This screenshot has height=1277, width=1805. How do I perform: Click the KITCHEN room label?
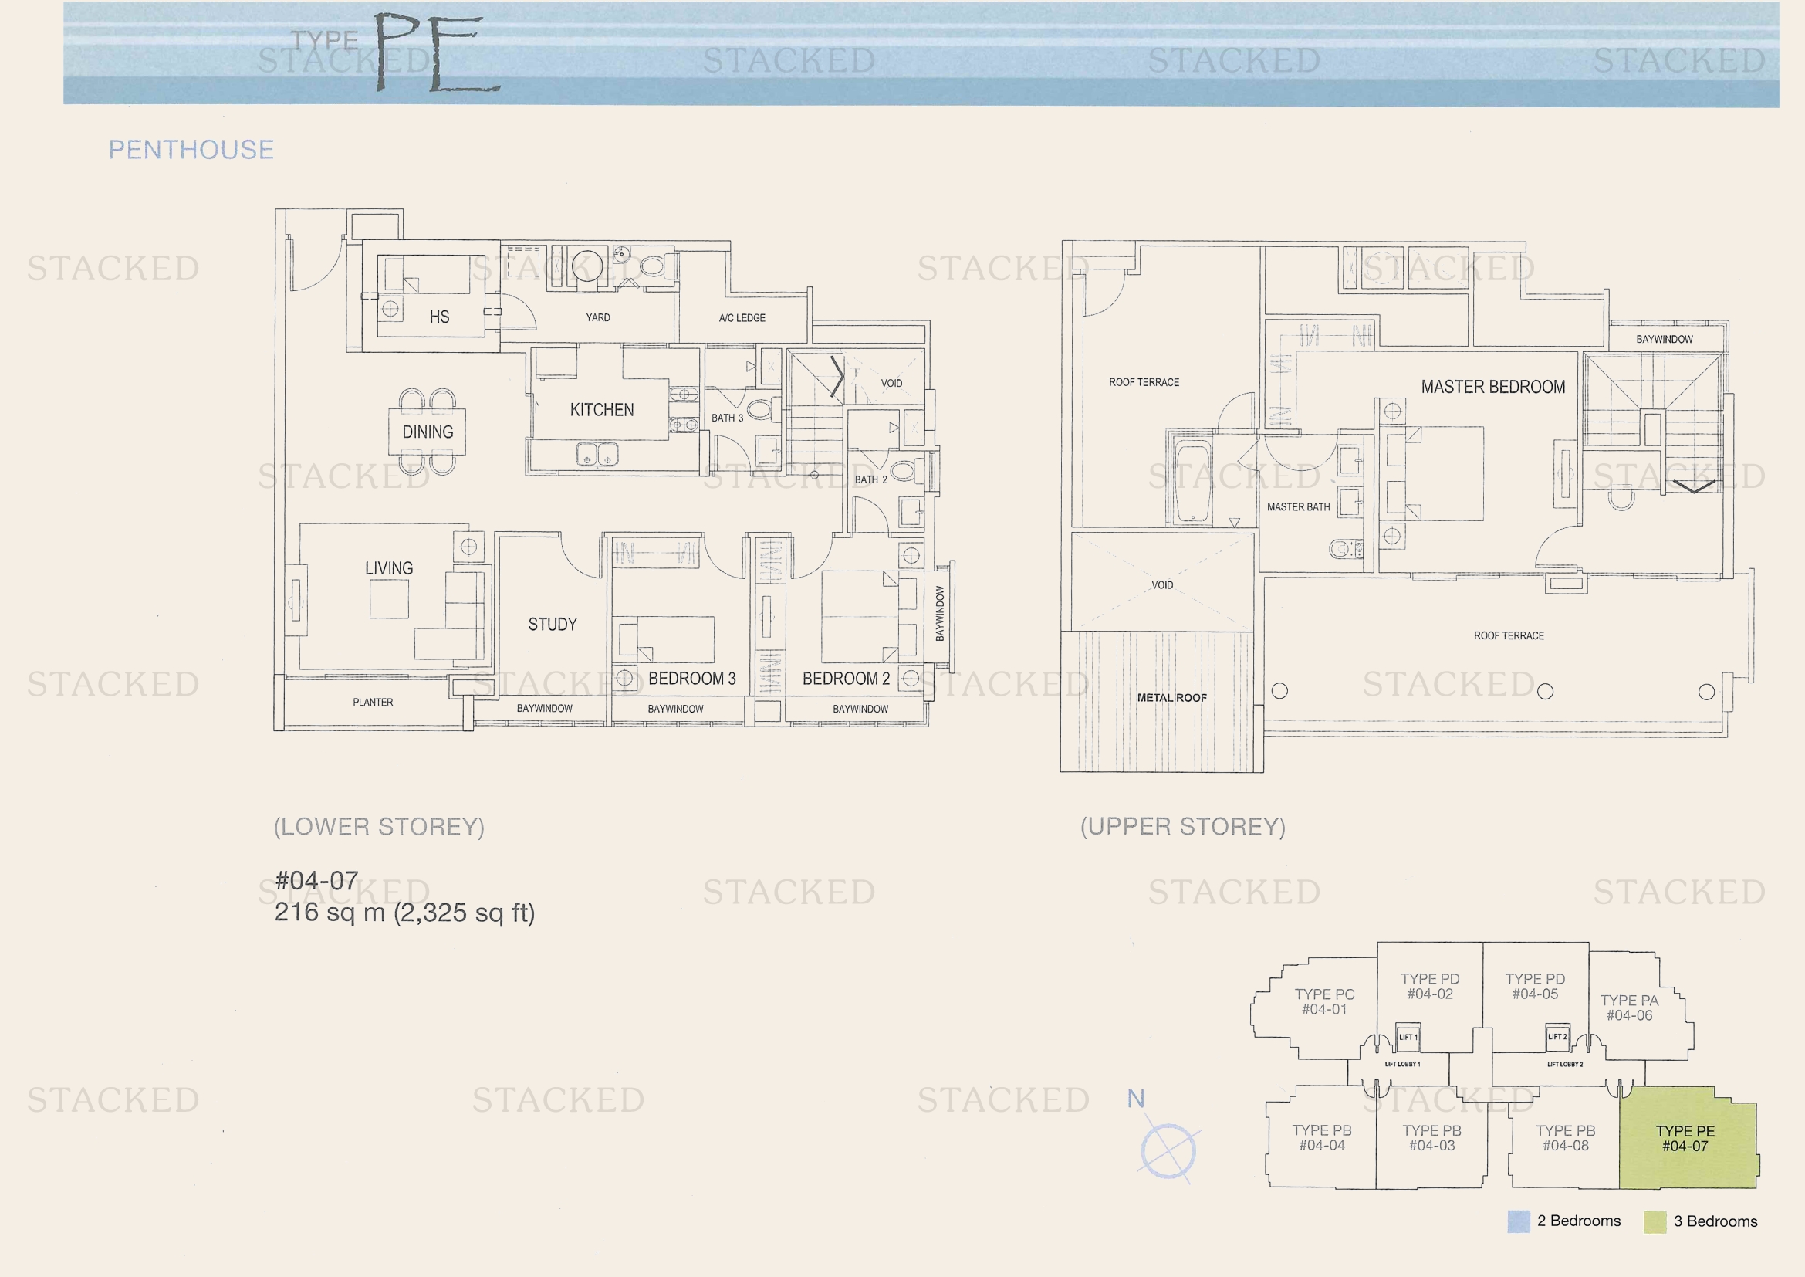coord(601,410)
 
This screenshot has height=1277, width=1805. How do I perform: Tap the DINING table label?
coord(428,432)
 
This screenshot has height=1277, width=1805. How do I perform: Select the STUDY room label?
coord(553,625)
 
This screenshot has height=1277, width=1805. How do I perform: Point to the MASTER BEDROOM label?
coord(1493,387)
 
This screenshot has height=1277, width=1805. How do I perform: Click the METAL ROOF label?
coord(1171,697)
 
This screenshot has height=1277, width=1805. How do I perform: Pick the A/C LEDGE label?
coord(742,317)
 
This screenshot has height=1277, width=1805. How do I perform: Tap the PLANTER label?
coord(373,702)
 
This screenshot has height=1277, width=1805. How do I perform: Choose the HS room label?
coord(439,317)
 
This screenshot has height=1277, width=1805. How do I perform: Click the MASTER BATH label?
coord(1299,507)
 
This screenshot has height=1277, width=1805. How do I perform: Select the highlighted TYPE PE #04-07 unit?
coord(1687,1138)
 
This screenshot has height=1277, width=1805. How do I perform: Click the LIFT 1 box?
coord(1408,1037)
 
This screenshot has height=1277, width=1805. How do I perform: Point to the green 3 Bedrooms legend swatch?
coord(1655,1222)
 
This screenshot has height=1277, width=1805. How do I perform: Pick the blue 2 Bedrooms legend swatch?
coord(1519,1222)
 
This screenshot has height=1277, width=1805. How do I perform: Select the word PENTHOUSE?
coord(191,150)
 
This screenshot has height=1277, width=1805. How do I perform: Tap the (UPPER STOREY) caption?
coord(1183,826)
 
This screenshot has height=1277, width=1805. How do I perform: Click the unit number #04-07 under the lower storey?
coord(317,880)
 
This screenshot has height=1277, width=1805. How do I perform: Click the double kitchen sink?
coord(597,455)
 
